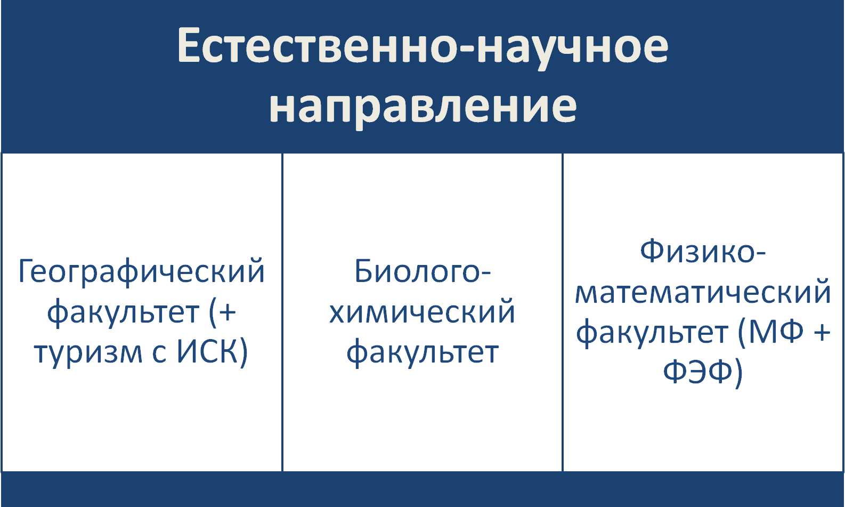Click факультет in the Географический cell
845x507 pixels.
coord(123,312)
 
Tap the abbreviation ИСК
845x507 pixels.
coord(206,351)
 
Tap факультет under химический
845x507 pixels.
coord(423,353)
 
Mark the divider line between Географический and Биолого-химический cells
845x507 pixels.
coord(282,312)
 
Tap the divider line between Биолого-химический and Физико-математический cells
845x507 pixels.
coord(563,312)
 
